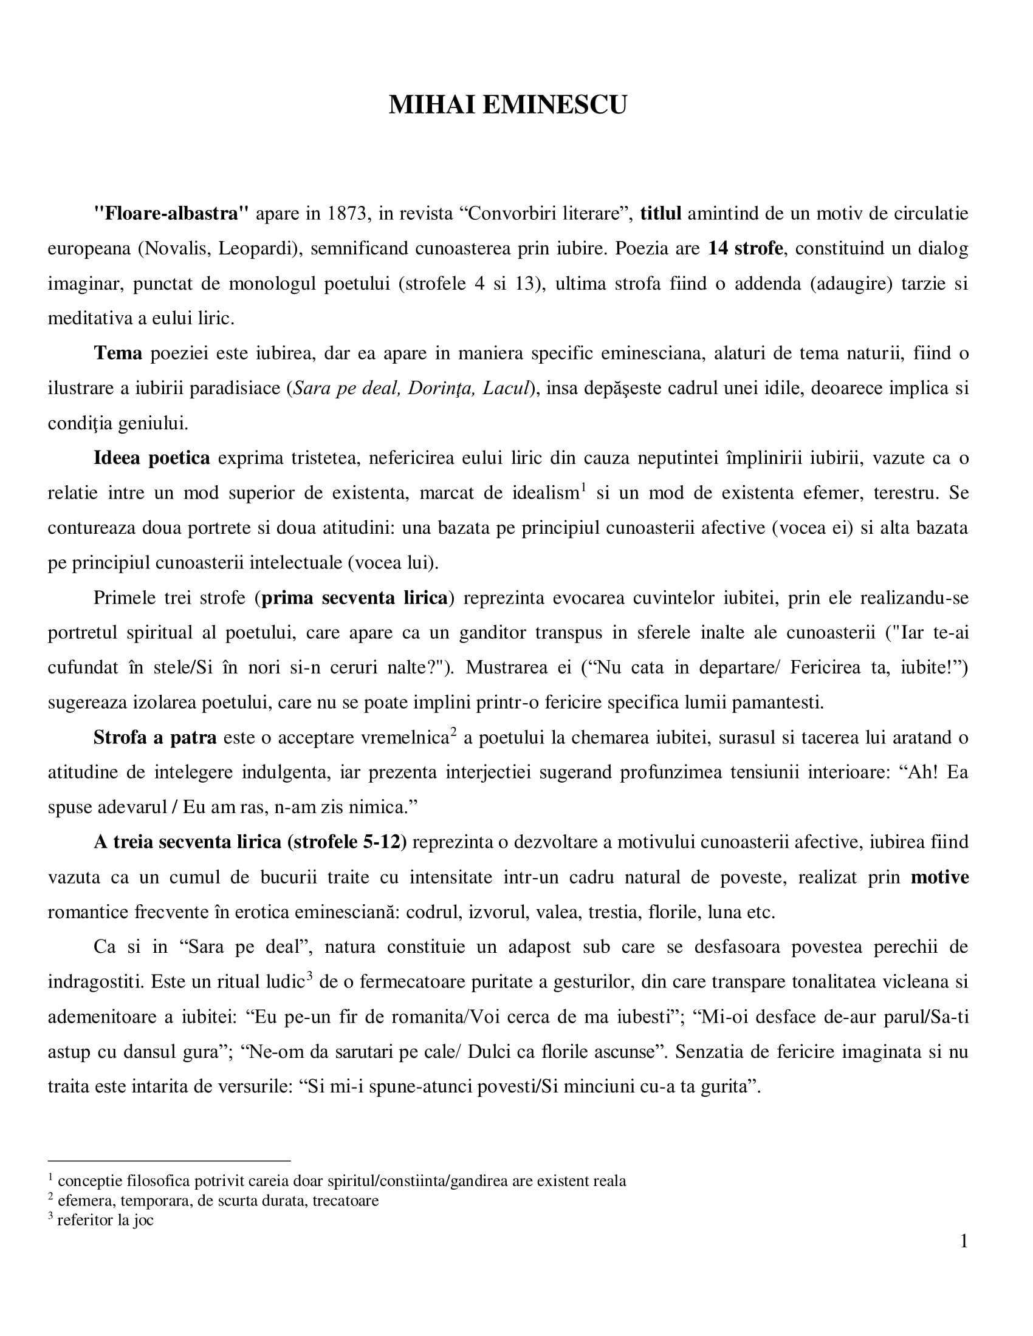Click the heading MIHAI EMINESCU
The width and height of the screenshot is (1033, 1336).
point(507,105)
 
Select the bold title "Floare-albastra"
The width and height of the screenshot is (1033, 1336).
point(171,214)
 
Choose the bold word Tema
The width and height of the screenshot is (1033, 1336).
point(117,353)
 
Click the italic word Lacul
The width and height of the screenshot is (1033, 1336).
point(506,388)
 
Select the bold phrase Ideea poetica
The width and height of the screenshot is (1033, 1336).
point(151,457)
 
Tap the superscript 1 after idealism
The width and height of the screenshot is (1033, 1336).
point(583,488)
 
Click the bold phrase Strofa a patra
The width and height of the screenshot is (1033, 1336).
point(155,737)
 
